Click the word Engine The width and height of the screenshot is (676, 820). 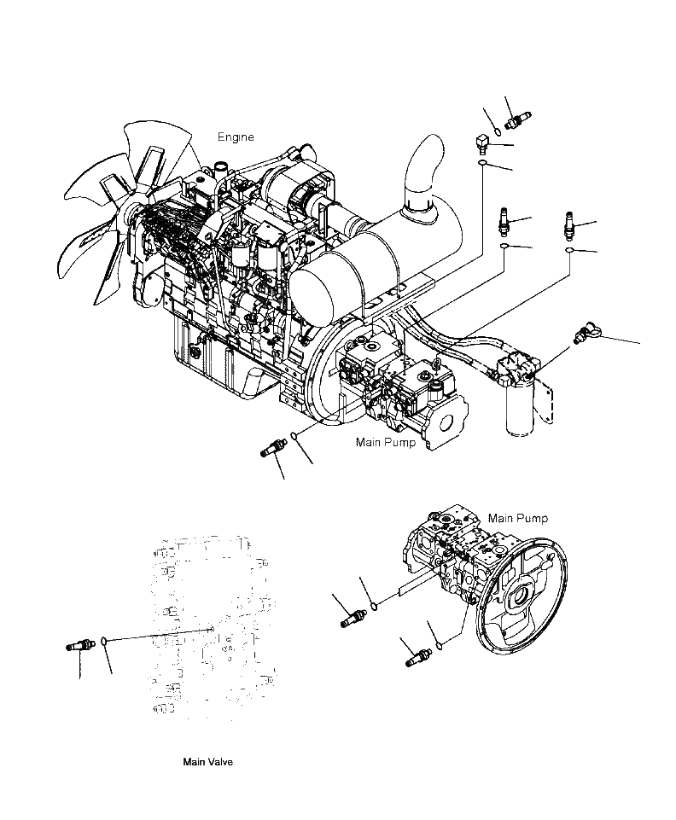[235, 137]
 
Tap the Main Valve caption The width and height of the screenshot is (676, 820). [207, 762]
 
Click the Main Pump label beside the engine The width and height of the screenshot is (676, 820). [386, 443]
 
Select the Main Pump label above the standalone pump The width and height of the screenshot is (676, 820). [517, 518]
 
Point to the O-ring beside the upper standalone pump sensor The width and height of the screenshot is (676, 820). [374, 607]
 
